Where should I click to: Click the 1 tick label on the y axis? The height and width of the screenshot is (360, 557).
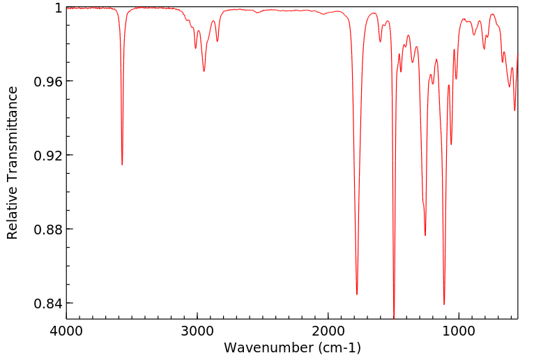pyautogui.click(x=58, y=8)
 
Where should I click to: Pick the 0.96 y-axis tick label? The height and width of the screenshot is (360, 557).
pyautogui.click(x=49, y=82)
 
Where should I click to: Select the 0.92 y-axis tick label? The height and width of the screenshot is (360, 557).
pyautogui.click(x=49, y=156)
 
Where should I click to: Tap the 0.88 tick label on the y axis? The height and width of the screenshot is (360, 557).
pyautogui.click(x=49, y=230)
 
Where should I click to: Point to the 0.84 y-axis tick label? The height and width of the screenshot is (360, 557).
pyautogui.click(x=49, y=303)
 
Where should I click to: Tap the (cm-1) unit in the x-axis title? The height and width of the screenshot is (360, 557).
pyautogui.click(x=339, y=347)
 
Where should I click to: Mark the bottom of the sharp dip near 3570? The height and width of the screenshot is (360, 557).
pyautogui.click(x=122, y=165)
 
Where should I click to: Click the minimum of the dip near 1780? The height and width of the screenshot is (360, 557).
pyautogui.click(x=357, y=294)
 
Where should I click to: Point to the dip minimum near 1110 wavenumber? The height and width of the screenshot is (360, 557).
pyautogui.click(x=444, y=305)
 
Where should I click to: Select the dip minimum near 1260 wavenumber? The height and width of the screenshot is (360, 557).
pyautogui.click(x=425, y=235)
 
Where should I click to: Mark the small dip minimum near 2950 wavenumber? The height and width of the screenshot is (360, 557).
pyautogui.click(x=204, y=71)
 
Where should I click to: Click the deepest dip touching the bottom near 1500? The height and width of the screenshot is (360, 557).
pyautogui.click(x=394, y=317)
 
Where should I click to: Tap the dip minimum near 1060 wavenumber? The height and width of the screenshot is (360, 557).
pyautogui.click(x=451, y=144)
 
